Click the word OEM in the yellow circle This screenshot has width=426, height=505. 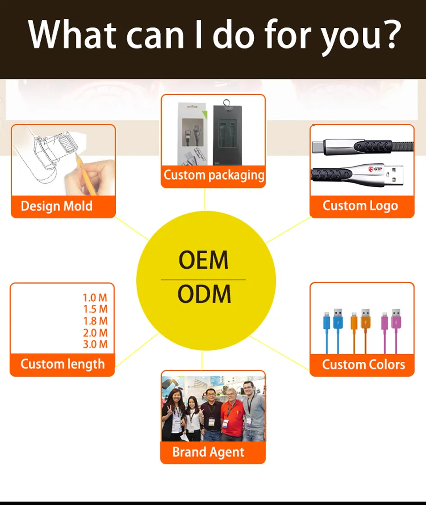tap(204, 260)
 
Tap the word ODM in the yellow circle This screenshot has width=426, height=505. tap(204, 294)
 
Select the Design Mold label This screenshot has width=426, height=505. tap(57, 206)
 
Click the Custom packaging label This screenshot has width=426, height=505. tap(213, 175)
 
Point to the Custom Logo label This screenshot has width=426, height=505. tap(361, 206)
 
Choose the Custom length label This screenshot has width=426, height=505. tap(63, 364)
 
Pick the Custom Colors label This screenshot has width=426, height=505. tap(363, 364)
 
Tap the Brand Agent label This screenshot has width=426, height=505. tap(209, 452)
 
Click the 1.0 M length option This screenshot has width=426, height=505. tap(95, 298)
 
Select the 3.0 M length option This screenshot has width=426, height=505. tap(95, 345)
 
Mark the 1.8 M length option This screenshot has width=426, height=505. tap(95, 321)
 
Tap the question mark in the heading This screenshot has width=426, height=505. tap(389, 35)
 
